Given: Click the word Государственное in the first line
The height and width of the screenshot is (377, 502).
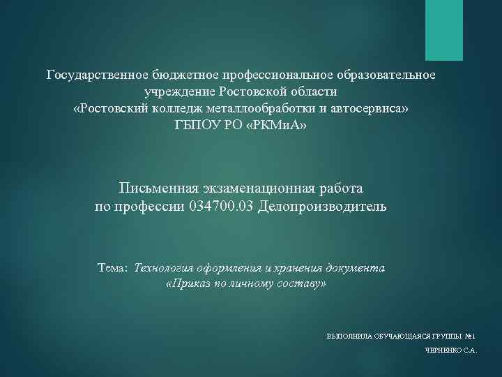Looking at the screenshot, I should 91,74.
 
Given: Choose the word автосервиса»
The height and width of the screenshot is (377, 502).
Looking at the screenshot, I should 372,109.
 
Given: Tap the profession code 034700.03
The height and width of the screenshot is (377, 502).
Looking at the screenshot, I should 221,207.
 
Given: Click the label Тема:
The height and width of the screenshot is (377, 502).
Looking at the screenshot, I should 113,268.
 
